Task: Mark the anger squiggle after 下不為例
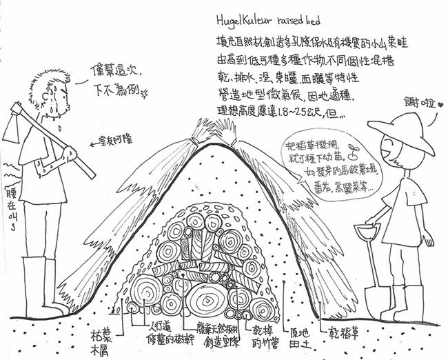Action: click(145, 94)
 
